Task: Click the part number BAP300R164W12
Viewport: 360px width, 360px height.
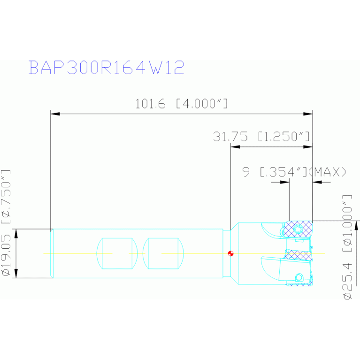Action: tap(106, 68)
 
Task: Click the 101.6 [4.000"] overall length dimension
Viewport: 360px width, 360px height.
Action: tap(182, 104)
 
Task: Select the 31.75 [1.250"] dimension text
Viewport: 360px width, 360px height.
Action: tap(261, 137)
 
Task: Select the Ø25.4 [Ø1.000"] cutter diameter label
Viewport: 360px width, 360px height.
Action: tap(348, 246)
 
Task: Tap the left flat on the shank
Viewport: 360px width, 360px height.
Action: tap(116, 253)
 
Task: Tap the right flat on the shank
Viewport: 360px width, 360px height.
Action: tap(162, 253)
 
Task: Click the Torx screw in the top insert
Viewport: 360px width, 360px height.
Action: tap(300, 229)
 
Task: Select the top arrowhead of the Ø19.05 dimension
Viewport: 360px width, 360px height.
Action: tap(17, 233)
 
